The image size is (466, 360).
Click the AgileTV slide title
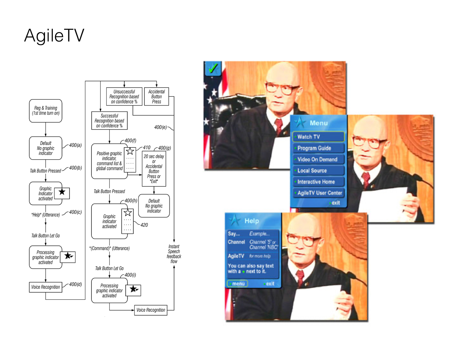click(x=54, y=36)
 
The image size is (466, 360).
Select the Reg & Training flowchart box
click(x=46, y=111)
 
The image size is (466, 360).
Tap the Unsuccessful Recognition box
click(x=124, y=96)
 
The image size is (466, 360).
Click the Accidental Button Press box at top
click(x=157, y=96)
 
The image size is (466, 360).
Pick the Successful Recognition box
click(x=109, y=121)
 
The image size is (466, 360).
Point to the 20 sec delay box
click(x=154, y=169)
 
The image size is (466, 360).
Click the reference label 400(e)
click(x=160, y=127)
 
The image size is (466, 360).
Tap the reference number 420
click(x=144, y=225)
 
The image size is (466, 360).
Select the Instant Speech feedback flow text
click(x=174, y=254)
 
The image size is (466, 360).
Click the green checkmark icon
click(x=213, y=69)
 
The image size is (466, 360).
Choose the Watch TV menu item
click(x=318, y=137)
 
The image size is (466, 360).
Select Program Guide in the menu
click(x=318, y=148)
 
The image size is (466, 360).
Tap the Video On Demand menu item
click(x=318, y=159)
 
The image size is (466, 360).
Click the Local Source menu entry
click(x=318, y=171)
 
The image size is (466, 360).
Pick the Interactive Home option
click(x=318, y=182)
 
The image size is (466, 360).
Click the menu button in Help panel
click(x=237, y=284)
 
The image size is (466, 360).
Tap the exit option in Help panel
click(x=269, y=284)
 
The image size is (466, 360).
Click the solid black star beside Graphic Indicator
click(x=62, y=192)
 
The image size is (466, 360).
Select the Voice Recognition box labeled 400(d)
click(x=46, y=287)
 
